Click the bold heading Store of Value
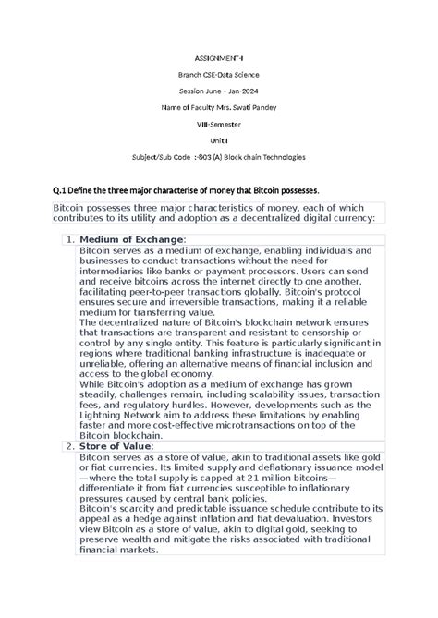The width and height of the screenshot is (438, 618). click(x=116, y=446)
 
